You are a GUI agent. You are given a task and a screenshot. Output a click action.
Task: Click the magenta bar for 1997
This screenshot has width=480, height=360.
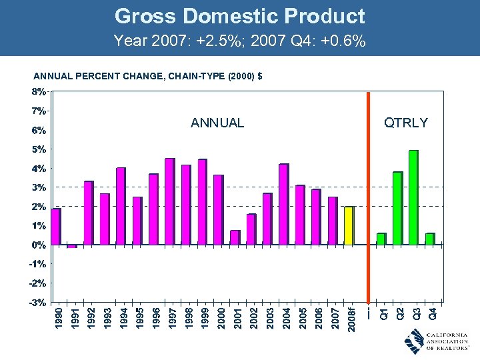tap(169, 201)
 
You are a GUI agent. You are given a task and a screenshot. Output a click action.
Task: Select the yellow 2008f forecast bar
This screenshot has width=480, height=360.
tap(349, 225)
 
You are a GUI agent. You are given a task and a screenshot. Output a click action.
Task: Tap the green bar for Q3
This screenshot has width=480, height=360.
tap(413, 197)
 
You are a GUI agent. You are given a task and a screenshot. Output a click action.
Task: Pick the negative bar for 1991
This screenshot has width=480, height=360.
tap(72, 246)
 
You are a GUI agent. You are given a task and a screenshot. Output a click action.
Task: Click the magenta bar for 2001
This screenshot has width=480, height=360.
tap(235, 237)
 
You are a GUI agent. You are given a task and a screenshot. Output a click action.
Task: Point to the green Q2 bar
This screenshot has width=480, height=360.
tap(397, 208)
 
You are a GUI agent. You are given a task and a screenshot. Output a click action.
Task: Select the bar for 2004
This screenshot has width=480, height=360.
tap(283, 204)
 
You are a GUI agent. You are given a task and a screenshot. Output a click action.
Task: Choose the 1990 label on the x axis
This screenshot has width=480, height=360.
tap(59, 317)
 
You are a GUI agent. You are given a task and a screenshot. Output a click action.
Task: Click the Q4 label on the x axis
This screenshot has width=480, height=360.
tap(433, 312)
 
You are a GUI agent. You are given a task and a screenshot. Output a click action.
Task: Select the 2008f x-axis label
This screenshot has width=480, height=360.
tap(351, 317)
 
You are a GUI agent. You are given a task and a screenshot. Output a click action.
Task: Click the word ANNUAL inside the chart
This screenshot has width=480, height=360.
tap(217, 123)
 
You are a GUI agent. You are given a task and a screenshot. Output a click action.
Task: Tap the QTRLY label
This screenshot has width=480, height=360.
tap(405, 122)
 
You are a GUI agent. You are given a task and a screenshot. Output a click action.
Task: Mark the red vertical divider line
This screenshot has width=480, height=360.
tap(368, 200)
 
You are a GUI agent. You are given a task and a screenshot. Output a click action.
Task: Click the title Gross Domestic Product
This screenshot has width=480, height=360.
tap(239, 16)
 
